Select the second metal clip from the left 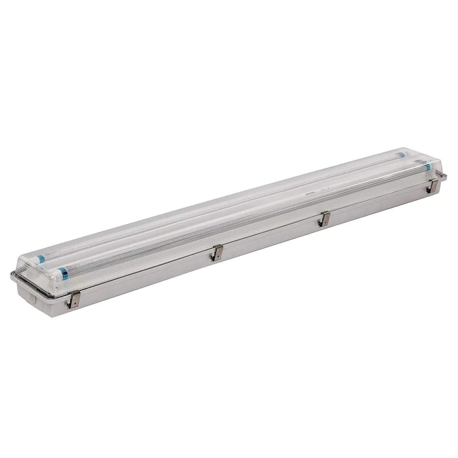pyautogui.click(x=218, y=252)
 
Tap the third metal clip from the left pyautogui.click(x=325, y=218)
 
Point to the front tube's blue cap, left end pyautogui.click(x=63, y=272)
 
